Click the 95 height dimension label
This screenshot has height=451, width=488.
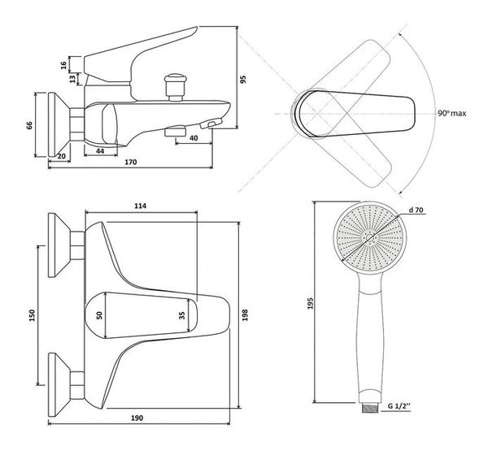[x=243, y=80]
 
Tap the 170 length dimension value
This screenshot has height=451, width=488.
[x=131, y=163]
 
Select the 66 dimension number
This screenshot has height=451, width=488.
[x=29, y=126]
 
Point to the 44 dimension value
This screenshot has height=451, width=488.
[x=100, y=151]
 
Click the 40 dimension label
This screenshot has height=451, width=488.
[x=194, y=138]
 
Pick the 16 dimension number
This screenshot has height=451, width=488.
[x=63, y=65]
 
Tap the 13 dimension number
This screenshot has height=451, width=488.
[x=72, y=79]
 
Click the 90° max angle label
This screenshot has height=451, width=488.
[x=452, y=114]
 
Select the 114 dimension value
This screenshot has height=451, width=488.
[x=141, y=206]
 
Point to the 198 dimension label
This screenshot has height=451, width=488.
[x=245, y=315]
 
